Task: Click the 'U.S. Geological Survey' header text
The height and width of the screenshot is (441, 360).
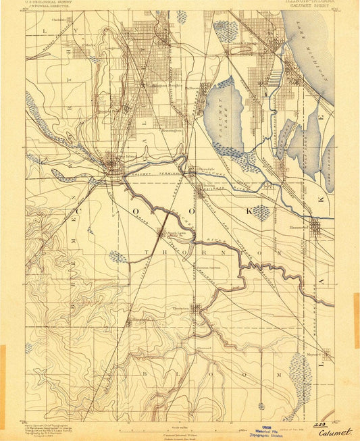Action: [x=49, y=3]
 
